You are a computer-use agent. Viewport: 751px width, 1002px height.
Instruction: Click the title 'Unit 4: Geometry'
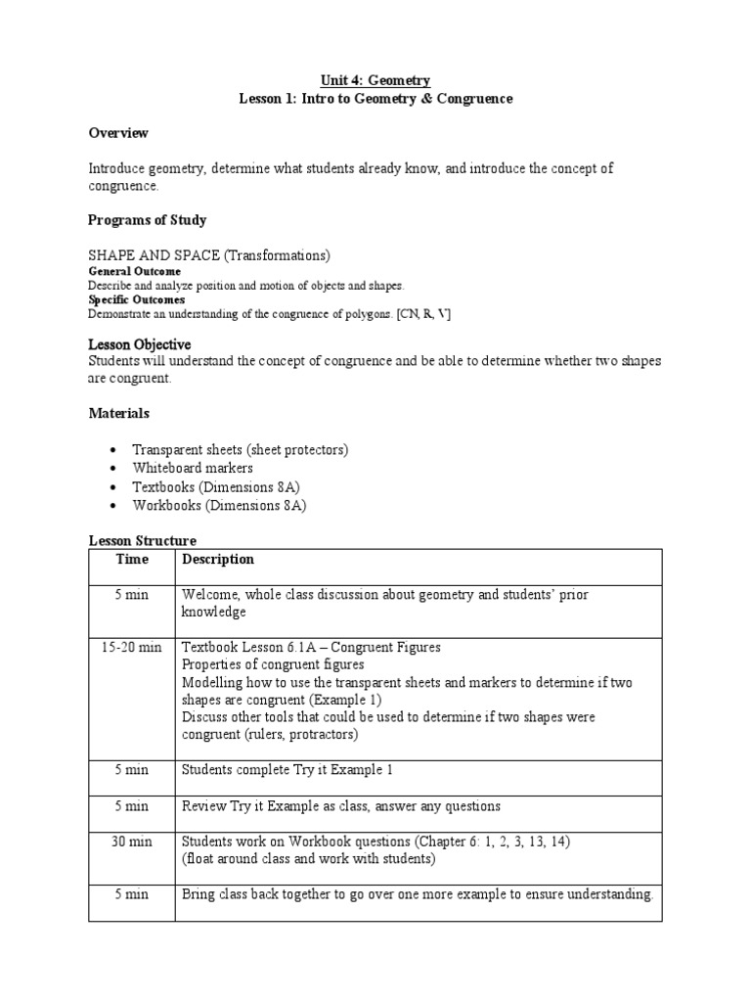(x=376, y=80)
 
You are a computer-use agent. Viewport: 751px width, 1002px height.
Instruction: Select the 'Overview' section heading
(x=118, y=132)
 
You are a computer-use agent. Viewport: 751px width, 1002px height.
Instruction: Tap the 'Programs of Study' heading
(x=147, y=219)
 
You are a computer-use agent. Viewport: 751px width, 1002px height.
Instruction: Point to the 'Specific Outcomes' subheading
(x=136, y=299)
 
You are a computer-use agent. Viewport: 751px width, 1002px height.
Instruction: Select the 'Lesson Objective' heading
(x=139, y=345)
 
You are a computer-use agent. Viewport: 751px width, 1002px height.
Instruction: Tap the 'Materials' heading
(x=118, y=414)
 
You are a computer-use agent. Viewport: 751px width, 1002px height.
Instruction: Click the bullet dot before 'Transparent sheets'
(x=113, y=450)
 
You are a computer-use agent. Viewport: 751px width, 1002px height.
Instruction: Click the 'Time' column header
(x=131, y=560)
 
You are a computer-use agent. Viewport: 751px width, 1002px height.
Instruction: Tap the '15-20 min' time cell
(x=131, y=647)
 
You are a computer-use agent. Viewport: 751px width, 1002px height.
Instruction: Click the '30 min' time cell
(x=131, y=841)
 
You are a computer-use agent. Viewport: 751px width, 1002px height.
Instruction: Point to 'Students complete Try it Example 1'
(x=287, y=770)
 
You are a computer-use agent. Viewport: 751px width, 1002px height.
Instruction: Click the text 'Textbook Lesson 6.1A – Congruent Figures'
(x=311, y=647)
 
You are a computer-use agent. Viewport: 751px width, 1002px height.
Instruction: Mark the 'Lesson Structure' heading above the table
(x=142, y=540)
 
